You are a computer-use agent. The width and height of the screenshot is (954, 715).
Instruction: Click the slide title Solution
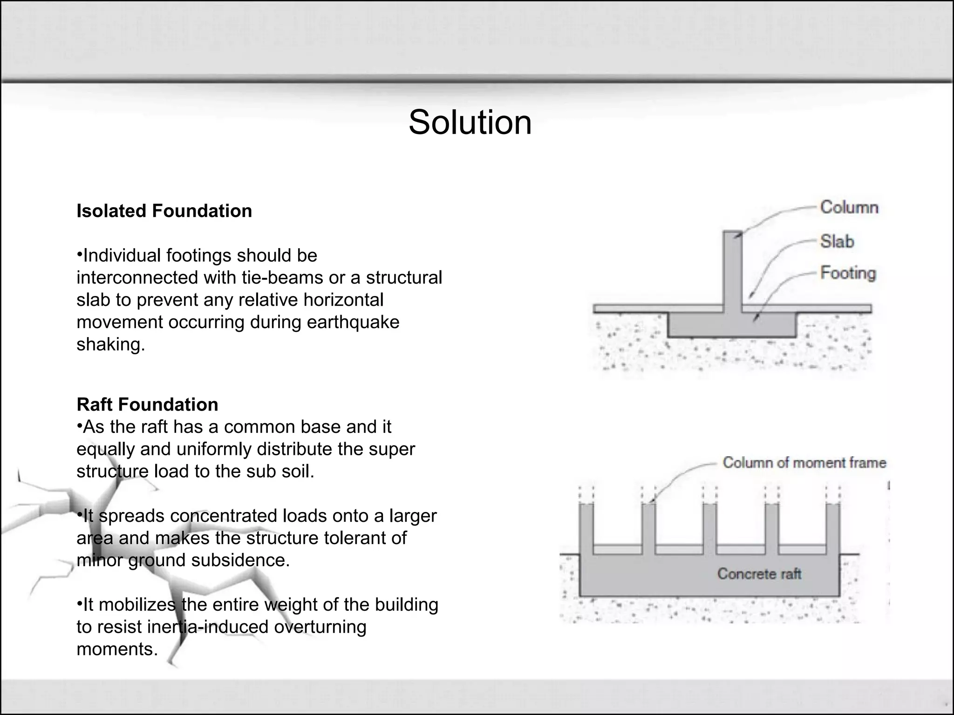[x=470, y=122]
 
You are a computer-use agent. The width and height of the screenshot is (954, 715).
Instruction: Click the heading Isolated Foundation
[x=164, y=211]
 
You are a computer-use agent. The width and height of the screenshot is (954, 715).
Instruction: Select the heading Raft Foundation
[x=147, y=405]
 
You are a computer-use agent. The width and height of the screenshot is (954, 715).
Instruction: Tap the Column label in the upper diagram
[x=849, y=208]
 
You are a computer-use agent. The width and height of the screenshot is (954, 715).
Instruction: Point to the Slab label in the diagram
[x=837, y=242]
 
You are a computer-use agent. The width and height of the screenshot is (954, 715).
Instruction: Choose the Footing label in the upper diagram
[x=848, y=273]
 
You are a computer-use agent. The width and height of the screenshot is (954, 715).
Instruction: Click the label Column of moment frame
[x=804, y=463]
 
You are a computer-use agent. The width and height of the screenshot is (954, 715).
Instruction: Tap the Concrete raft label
[x=759, y=573]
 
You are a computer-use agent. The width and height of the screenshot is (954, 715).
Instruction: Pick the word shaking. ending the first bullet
[x=111, y=344]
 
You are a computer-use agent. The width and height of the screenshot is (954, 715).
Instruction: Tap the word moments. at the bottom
[x=117, y=649]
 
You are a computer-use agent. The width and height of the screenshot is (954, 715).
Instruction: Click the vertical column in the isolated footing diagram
[x=732, y=270]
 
